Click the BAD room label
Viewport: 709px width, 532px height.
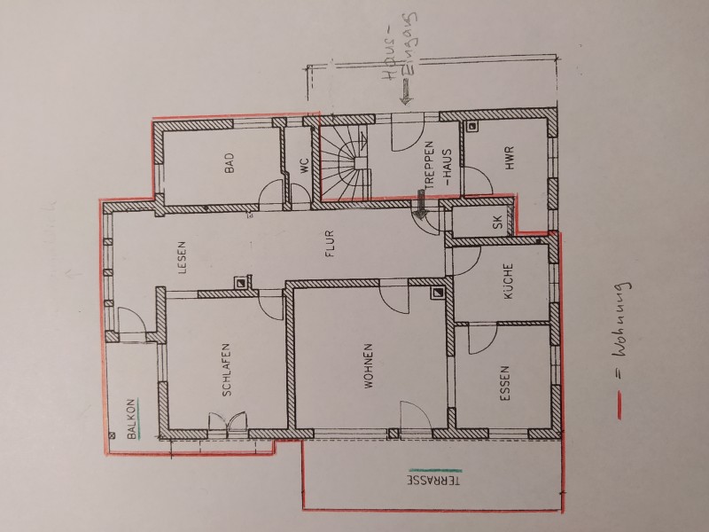tap(230, 163)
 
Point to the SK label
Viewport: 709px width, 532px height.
tap(498, 222)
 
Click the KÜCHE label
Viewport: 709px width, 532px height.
tap(508, 281)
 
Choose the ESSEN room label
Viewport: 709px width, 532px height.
tap(505, 384)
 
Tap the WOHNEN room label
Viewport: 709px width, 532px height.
tap(369, 366)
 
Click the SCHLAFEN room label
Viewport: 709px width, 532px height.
tap(227, 370)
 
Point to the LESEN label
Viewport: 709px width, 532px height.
tap(182, 257)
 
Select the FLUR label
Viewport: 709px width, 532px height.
tap(329, 244)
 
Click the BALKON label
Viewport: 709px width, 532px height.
tap(131, 419)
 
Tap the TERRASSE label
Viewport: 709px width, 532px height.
tap(434, 481)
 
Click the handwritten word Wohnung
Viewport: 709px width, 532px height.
tap(624, 320)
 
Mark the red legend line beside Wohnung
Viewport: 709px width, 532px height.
tap(619, 407)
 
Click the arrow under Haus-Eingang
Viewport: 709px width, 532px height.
tap(406, 92)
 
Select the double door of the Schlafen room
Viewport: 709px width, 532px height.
tap(229, 423)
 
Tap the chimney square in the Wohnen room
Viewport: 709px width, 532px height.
tap(437, 293)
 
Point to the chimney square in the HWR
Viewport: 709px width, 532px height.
tap(471, 127)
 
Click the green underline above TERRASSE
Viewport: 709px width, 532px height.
tap(435, 471)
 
